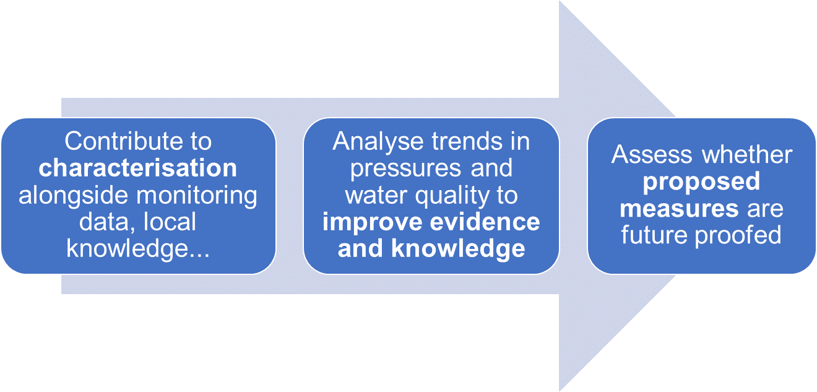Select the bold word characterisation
coord(137,168)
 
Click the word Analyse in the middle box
coord(375,142)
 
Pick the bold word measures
coord(679,208)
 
